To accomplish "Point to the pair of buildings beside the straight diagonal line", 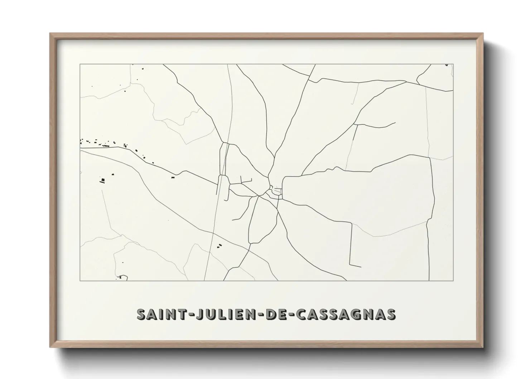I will point(219,246).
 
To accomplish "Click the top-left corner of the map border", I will point(80,64).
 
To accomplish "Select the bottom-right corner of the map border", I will point(453,280).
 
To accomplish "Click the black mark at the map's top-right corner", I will point(447,65).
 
